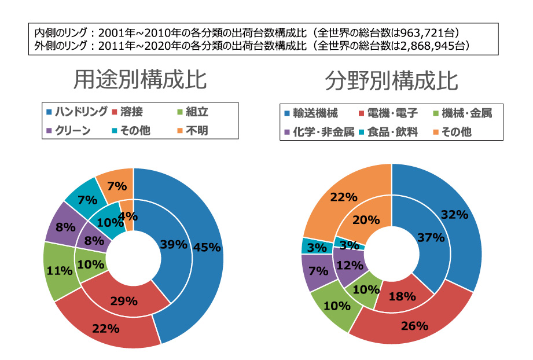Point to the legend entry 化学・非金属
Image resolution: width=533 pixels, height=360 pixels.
(x=321, y=132)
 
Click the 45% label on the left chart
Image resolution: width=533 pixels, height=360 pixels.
(x=207, y=247)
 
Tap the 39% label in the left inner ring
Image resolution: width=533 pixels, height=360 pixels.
(x=174, y=244)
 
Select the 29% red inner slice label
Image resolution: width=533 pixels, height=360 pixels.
(x=124, y=300)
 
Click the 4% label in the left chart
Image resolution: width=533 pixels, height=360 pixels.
(x=128, y=217)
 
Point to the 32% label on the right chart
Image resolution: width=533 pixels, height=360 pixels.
(x=454, y=215)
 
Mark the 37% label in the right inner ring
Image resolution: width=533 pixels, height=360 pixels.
(x=431, y=237)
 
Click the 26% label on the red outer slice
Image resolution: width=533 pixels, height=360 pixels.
(x=414, y=326)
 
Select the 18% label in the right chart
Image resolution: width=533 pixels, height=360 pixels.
(x=402, y=296)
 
